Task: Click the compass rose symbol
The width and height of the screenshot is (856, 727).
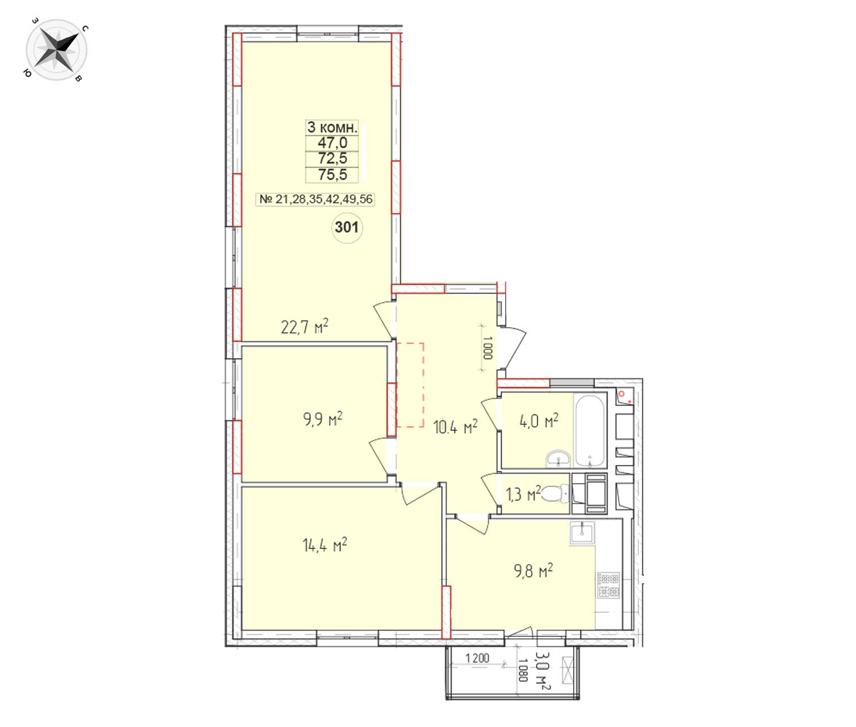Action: pos(56,50)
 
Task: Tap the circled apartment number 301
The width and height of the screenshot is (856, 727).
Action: pos(346,227)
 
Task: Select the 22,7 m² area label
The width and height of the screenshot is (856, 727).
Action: pos(304,327)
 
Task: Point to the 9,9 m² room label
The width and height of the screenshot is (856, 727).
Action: pos(323,419)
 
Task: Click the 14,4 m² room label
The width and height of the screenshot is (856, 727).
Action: pos(325,545)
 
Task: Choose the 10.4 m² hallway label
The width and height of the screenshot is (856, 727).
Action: pos(455,426)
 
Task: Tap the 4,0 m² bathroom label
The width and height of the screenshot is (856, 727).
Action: pos(539,420)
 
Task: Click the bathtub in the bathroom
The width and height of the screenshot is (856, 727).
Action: pos(590,431)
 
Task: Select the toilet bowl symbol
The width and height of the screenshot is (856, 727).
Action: pos(555,494)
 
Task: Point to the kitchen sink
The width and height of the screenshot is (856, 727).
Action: pos(582,532)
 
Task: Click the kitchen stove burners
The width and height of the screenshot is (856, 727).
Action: pos(608,585)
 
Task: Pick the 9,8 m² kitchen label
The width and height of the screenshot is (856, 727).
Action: pos(533,570)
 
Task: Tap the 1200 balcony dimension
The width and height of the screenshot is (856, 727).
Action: pos(477,658)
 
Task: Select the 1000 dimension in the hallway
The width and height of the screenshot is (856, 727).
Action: pos(488,348)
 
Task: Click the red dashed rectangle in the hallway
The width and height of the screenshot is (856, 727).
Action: pos(410,385)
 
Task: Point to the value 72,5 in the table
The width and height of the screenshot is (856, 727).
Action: pos(332,158)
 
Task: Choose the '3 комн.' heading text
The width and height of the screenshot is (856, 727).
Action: pos(332,127)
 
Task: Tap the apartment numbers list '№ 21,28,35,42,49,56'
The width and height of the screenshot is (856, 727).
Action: pos(316,199)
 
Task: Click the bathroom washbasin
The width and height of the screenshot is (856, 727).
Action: pos(558,459)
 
